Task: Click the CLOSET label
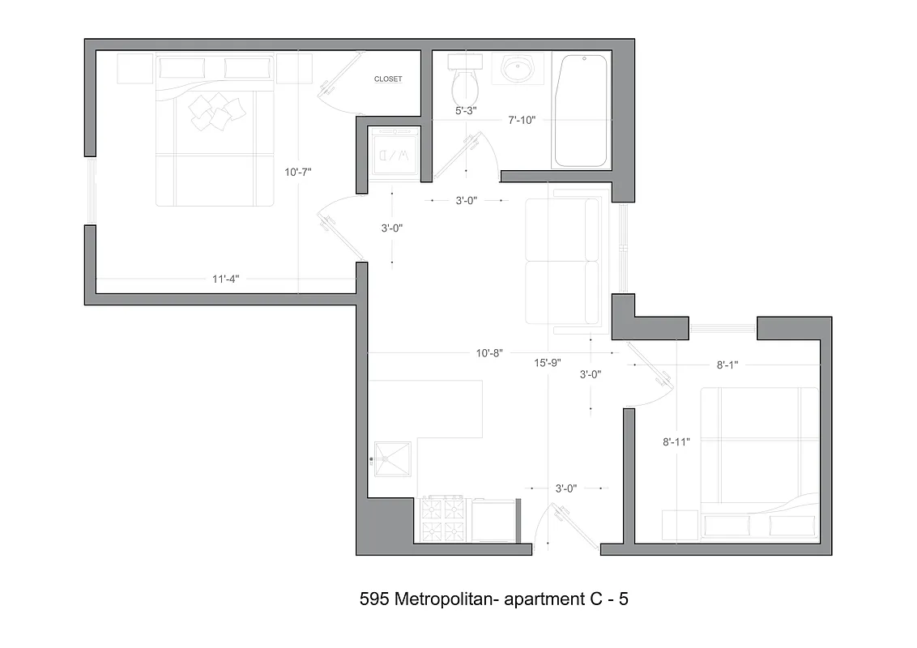coord(387,79)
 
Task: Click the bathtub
coord(579,111)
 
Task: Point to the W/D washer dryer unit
coord(393,154)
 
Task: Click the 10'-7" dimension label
coord(298,172)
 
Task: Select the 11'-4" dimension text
coord(226,279)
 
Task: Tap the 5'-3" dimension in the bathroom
coord(466,109)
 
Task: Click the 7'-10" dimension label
coord(523,121)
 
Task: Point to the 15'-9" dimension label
coord(548,362)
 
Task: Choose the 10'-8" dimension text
coord(489,353)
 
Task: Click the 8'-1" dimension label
coord(727,365)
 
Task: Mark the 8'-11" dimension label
coord(676,442)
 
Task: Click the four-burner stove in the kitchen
coord(443,520)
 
